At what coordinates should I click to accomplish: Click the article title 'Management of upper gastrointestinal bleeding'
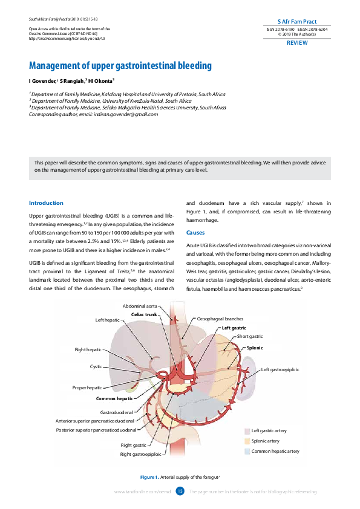pos(120,65)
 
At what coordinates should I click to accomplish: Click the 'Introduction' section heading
pos(46,203)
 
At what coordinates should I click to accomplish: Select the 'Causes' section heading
pos(195,233)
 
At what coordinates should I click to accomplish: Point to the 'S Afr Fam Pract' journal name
pos(296,21)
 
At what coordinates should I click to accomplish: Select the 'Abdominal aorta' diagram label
pos(140,306)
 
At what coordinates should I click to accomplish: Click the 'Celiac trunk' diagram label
pos(144,315)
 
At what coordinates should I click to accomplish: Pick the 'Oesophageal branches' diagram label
pos(220,319)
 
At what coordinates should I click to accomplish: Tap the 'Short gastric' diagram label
pos(250,336)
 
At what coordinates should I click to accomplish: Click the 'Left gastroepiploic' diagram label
pos(280,369)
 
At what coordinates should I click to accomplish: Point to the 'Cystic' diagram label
pos(96,366)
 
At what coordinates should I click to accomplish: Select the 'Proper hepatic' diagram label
pos(87,387)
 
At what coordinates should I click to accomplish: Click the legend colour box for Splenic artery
pos(247,441)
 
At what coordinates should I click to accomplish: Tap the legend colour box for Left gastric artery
pos(247,431)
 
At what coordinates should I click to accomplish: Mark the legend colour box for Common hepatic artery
pos(247,452)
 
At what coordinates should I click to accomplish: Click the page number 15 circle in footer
pos(180,491)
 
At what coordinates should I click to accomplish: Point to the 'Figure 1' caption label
pos(149,478)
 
